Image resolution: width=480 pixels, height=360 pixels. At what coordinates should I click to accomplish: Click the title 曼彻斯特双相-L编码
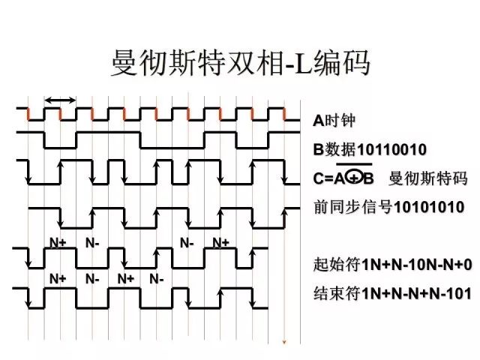(x=241, y=63)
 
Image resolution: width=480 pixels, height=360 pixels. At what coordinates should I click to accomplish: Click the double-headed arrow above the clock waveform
(x=60, y=100)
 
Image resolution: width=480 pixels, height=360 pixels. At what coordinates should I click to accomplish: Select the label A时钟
(x=334, y=120)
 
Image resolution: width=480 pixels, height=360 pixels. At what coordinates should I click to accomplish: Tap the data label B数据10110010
(x=370, y=150)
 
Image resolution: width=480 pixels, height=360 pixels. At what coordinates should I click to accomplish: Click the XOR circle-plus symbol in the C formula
(x=354, y=178)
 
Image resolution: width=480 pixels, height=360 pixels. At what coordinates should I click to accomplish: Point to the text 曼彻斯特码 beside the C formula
(x=428, y=178)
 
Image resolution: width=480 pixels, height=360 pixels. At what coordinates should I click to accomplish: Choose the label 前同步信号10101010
(x=388, y=207)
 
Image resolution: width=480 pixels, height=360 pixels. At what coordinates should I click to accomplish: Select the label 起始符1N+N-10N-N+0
(x=392, y=265)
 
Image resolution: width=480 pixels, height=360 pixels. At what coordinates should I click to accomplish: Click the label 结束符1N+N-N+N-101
(x=392, y=293)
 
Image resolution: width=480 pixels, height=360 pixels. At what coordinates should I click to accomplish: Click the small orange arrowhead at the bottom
(x=284, y=342)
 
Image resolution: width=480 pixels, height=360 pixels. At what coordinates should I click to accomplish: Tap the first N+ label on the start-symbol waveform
(x=58, y=243)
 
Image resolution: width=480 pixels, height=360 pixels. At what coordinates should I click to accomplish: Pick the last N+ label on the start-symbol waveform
(x=220, y=243)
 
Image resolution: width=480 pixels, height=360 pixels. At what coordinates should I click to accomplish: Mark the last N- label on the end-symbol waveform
(x=157, y=279)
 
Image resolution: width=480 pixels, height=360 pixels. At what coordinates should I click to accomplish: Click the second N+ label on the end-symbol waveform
(x=126, y=279)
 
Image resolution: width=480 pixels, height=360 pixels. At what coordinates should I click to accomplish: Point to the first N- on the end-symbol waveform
(x=92, y=279)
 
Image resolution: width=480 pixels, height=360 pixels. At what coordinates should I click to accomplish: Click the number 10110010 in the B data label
(x=391, y=150)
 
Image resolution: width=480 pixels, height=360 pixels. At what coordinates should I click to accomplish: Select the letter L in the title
(x=302, y=64)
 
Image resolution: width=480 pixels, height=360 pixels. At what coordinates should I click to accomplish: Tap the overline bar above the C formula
(x=354, y=165)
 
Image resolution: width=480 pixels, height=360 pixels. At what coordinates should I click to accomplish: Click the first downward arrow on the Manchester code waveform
(x=28, y=172)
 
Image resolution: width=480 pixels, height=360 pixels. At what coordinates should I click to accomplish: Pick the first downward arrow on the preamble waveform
(x=61, y=218)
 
